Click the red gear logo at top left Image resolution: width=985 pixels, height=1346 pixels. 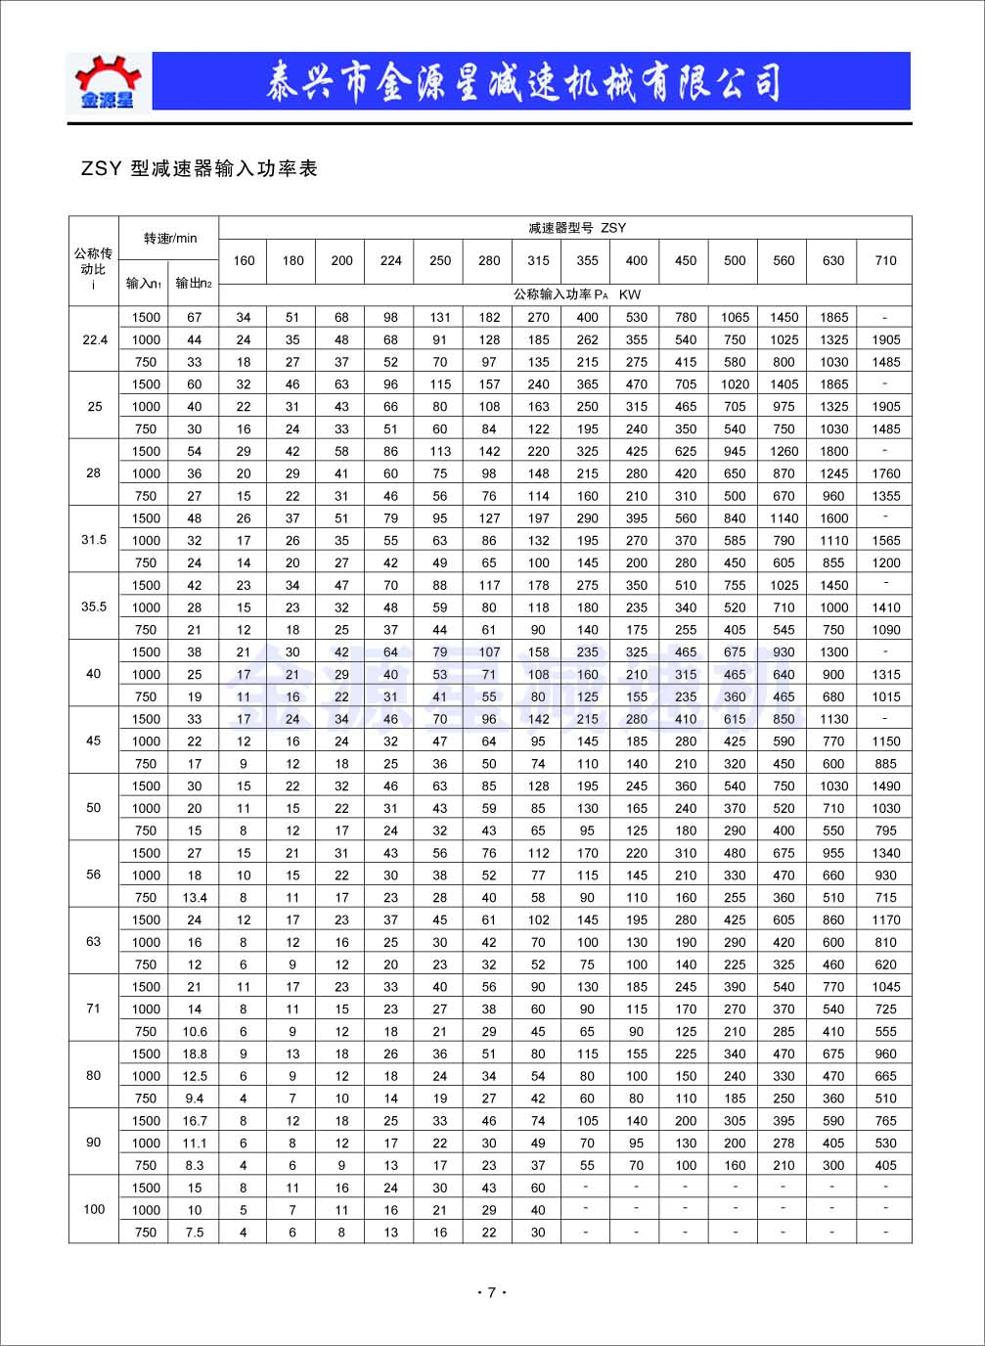(x=108, y=79)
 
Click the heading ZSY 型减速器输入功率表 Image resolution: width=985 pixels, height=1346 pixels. (x=200, y=169)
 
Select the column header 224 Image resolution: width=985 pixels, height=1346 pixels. (x=390, y=260)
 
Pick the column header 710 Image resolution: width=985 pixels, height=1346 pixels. (x=885, y=260)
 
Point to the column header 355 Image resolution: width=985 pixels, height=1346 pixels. (x=587, y=260)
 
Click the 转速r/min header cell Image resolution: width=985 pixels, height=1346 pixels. (x=170, y=238)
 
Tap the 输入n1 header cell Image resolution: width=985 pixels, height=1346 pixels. (x=143, y=284)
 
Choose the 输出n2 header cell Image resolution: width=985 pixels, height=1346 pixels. (x=194, y=284)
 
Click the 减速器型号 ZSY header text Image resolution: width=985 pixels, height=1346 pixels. (x=576, y=228)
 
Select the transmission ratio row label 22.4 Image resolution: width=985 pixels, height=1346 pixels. (x=95, y=339)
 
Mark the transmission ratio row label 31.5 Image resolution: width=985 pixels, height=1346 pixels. (x=94, y=540)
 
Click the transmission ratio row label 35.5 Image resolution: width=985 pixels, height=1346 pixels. (x=94, y=606)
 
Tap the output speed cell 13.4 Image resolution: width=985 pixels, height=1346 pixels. (x=195, y=897)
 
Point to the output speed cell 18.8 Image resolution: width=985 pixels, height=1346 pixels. (x=195, y=1054)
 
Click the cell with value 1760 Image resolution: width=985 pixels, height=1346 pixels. (x=885, y=473)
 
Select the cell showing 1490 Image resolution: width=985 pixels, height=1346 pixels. (x=885, y=785)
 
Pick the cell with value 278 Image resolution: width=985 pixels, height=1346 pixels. (x=784, y=1143)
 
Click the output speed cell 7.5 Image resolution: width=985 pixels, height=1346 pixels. (x=195, y=1233)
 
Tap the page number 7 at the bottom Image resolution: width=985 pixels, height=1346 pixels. (x=492, y=1293)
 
